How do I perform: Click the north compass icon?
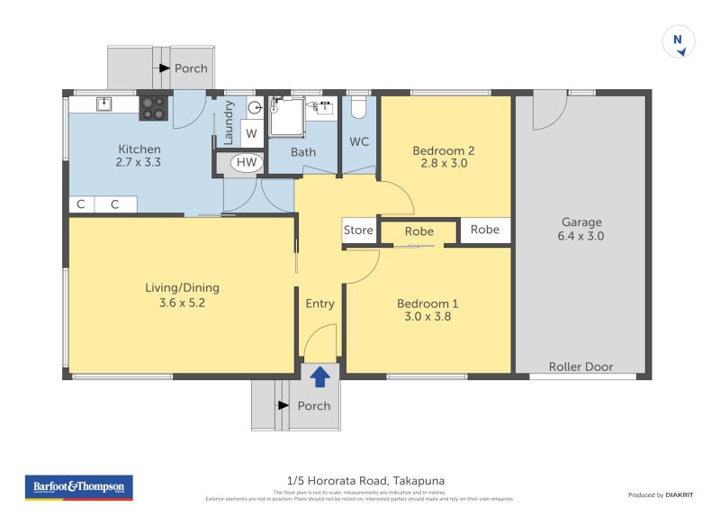point(679,42)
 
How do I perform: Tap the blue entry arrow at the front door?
point(319,376)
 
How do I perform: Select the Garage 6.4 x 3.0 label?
point(581,230)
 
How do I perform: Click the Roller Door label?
point(581,367)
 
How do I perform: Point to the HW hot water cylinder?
point(246,163)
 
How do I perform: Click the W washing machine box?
point(251,133)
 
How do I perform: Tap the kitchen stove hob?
point(153,108)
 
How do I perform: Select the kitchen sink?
point(104,104)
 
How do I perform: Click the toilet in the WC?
point(359,108)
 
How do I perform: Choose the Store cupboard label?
point(358,231)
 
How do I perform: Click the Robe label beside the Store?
point(418,231)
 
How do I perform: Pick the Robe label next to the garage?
point(484,230)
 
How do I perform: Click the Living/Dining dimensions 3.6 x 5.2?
point(182,303)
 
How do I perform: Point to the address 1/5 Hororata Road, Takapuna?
point(360,481)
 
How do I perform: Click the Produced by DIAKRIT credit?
point(661,495)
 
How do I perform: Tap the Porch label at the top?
point(191,68)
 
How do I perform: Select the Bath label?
point(303,152)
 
